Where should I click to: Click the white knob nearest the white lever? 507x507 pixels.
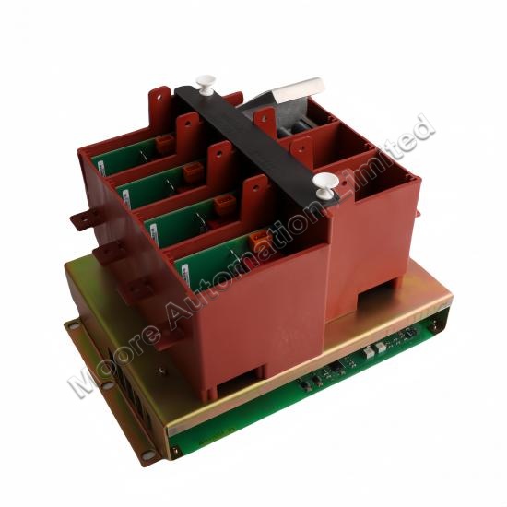(x=206, y=85)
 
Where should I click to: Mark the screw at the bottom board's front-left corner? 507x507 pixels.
(x=175, y=450)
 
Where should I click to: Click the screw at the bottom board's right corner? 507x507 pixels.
(x=434, y=327)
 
